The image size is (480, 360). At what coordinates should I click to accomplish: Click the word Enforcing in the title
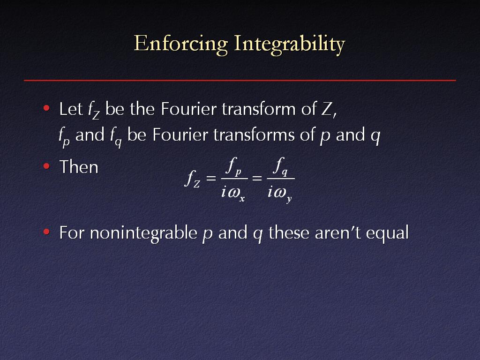click(x=181, y=44)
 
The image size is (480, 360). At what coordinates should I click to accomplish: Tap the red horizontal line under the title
click(x=240, y=80)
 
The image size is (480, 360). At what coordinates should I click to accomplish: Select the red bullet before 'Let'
click(x=46, y=108)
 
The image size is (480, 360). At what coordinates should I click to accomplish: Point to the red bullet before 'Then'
click(x=46, y=166)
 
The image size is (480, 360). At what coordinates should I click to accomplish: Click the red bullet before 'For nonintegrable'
click(x=46, y=232)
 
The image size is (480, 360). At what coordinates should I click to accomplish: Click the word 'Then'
click(x=79, y=167)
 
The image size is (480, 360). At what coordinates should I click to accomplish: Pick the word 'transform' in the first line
click(x=258, y=109)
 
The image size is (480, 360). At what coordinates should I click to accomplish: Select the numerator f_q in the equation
click(x=280, y=166)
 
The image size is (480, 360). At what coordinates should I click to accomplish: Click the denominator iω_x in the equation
click(x=233, y=193)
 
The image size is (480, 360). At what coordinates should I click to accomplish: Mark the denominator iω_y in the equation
click(x=280, y=194)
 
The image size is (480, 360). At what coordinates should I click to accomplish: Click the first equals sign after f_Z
click(x=211, y=178)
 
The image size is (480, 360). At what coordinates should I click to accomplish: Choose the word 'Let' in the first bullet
click(x=71, y=109)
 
